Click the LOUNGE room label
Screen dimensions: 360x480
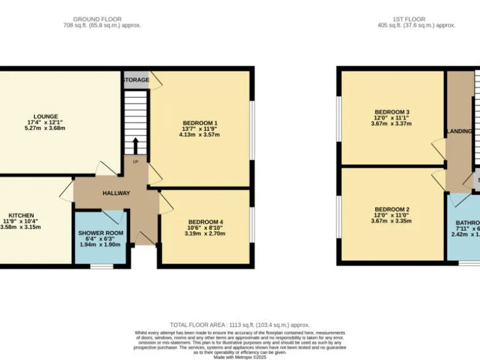click(46, 116)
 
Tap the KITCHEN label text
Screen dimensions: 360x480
click(21, 216)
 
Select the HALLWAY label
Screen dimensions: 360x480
click(116, 193)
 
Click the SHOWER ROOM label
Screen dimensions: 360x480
click(101, 233)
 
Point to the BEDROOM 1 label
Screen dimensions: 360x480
click(200, 122)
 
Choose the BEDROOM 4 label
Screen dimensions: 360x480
click(206, 222)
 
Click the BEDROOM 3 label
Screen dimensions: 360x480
click(392, 112)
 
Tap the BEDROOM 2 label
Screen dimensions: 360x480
click(392, 209)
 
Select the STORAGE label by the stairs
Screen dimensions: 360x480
click(136, 80)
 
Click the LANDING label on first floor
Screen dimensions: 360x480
click(459, 131)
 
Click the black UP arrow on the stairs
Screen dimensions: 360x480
click(135, 147)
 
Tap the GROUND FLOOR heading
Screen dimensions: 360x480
click(97, 19)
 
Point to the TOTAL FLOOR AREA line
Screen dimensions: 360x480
click(240, 325)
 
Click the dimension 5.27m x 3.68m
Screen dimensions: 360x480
click(46, 128)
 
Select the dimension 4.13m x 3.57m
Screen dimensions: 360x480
click(200, 134)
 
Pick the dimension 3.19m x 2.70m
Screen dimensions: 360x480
click(206, 234)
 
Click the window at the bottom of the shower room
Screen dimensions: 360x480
click(101, 267)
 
